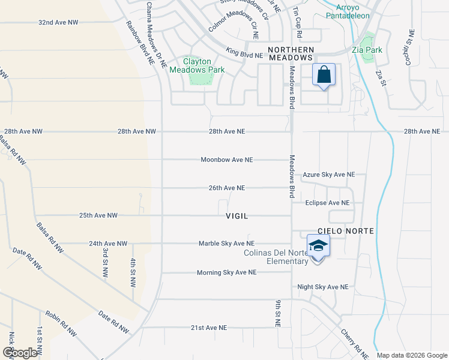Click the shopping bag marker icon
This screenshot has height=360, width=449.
pyautogui.click(x=324, y=76)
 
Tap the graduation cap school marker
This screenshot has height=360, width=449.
pyautogui.click(x=318, y=245)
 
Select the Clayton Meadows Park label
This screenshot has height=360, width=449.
pyautogui.click(x=197, y=66)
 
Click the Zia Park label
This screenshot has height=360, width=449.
pyautogui.click(x=367, y=50)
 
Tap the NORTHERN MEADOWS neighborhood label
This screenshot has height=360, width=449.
pyautogui.click(x=291, y=53)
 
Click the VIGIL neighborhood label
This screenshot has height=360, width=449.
pyautogui.click(x=237, y=215)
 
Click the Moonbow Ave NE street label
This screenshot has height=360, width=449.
pyautogui.click(x=227, y=160)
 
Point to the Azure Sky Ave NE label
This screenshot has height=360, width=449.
pyautogui.click(x=329, y=175)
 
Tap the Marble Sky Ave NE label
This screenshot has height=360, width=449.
pyautogui.click(x=227, y=244)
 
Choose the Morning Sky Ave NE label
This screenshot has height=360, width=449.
pyautogui.click(x=226, y=272)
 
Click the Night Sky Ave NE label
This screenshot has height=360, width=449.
pyautogui.click(x=323, y=287)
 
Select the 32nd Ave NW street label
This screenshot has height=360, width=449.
pyautogui.click(x=58, y=22)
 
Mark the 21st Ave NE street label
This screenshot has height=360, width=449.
pyautogui.click(x=209, y=328)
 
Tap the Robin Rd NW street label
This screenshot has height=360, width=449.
pyautogui.click(x=60, y=324)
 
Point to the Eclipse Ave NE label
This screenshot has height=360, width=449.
pyautogui.click(x=327, y=203)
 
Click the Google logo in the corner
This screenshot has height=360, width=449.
pyautogui.click(x=20, y=353)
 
